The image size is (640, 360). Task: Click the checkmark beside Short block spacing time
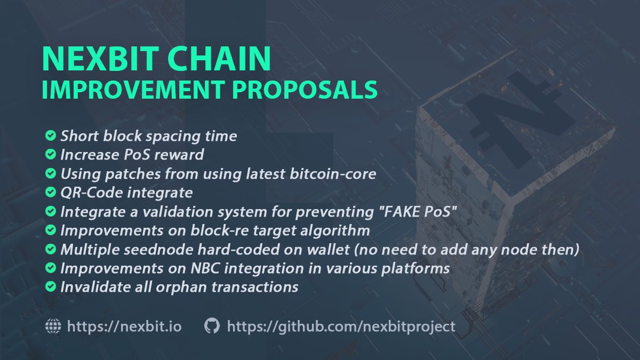tap(50, 136)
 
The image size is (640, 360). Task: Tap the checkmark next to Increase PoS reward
tap(50, 155)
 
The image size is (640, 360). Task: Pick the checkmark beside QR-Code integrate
tap(50, 192)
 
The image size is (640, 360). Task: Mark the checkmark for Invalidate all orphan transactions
tap(50, 287)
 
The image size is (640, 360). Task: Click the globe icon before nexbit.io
tap(53, 326)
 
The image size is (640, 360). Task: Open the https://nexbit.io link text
tap(124, 326)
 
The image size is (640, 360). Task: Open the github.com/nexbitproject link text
tap(341, 326)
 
